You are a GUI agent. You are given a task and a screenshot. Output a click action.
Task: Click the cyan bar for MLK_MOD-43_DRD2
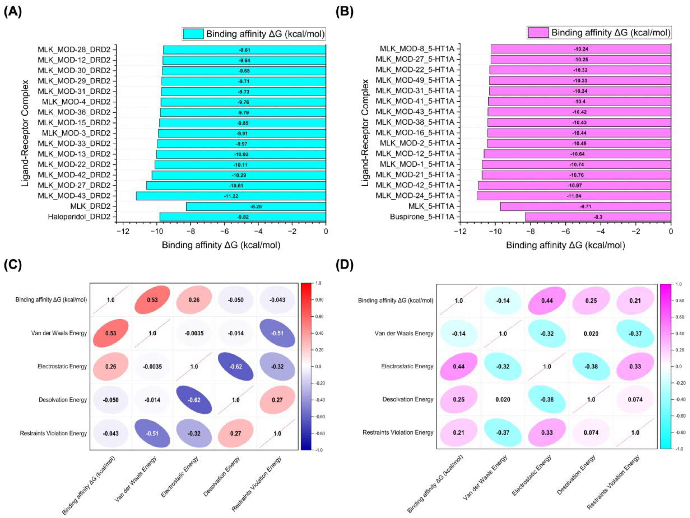[231, 196]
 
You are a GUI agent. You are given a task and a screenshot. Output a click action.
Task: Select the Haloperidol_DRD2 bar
[243, 217]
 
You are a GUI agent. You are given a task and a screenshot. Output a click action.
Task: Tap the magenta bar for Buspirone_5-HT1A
[598, 217]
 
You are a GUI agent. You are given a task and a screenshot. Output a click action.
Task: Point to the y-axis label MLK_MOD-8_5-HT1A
[417, 49]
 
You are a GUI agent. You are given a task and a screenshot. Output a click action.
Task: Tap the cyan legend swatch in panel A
[193, 34]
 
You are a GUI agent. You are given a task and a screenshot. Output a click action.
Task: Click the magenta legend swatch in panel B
[538, 32]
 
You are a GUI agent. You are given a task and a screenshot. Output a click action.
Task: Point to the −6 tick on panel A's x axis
[225, 231]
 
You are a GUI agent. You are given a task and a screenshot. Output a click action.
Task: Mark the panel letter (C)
[13, 265]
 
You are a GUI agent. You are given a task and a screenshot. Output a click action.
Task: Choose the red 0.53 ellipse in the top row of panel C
[152, 300]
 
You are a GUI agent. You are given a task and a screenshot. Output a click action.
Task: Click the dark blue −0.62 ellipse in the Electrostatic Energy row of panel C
[235, 366]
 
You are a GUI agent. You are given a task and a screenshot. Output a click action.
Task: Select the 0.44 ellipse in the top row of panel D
[547, 301]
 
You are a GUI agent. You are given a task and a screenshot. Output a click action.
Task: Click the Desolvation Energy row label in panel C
[63, 400]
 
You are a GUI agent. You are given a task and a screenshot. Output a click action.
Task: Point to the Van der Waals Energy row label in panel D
[404, 333]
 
